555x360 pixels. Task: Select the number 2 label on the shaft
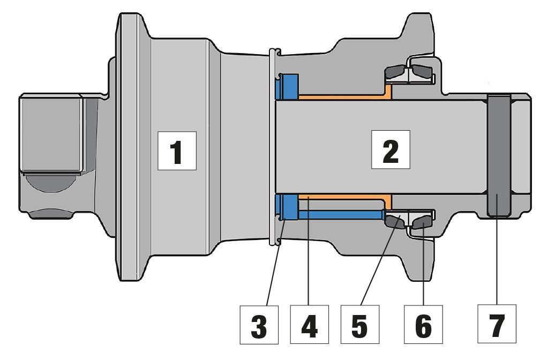391,149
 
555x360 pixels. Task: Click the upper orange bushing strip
343,97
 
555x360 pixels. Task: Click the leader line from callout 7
497,257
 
